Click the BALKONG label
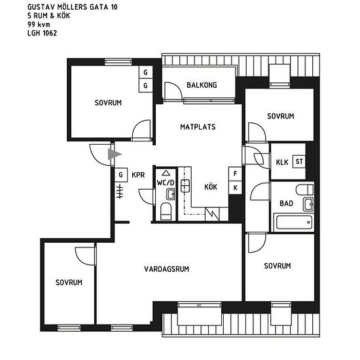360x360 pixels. pos(202,85)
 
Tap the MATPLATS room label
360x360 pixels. pos(198,127)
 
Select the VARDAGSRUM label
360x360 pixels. pos(166,269)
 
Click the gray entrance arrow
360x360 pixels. pos(115,154)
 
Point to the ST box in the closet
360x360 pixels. pos(299,162)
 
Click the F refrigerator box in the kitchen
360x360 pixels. pos(235,173)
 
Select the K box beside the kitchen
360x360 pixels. pos(235,188)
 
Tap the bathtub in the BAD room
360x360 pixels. pos(294,223)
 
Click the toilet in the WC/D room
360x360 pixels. pos(166,211)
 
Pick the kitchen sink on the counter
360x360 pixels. pos(185,186)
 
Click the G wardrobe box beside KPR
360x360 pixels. pos(121,175)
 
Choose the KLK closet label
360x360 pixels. pos(282,162)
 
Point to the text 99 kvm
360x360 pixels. pos(39,24)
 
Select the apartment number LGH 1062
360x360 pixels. pos(42,33)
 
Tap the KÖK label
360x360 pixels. pos(211,187)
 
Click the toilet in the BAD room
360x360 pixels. pos(304,190)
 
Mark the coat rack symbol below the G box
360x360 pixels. pos(120,191)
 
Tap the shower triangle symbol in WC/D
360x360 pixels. pos(166,173)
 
